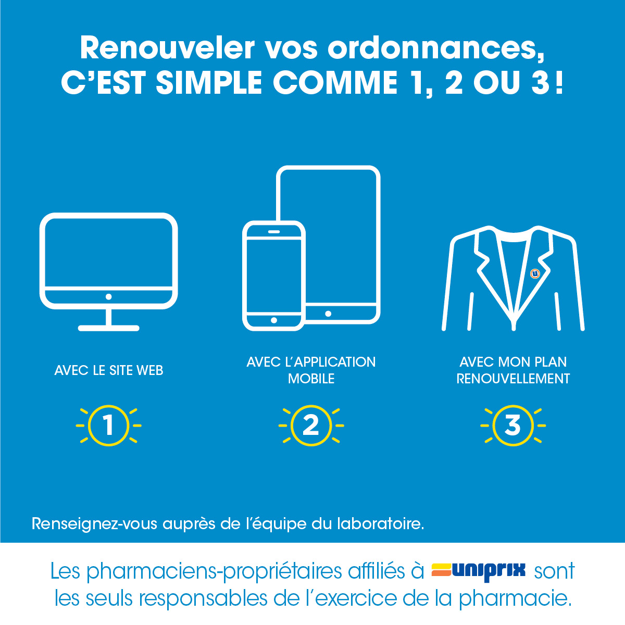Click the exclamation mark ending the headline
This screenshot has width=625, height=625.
tap(559, 83)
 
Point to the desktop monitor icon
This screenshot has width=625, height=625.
tap(109, 272)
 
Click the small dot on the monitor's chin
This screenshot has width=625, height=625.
tap(109, 296)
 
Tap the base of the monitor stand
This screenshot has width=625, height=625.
tap(109, 328)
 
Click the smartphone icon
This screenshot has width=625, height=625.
tap(274, 276)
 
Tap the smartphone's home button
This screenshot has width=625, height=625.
tap(274, 320)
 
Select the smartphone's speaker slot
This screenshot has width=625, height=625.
tap(274, 232)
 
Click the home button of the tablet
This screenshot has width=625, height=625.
tap(328, 314)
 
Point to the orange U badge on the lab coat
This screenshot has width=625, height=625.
tap(535, 273)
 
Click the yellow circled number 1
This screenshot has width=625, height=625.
tap(109, 425)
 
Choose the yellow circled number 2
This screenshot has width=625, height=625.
tap(311, 425)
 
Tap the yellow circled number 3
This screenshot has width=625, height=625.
tap(513, 425)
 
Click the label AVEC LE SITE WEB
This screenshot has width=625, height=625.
tap(109, 370)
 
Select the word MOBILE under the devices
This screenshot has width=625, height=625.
tap(311, 379)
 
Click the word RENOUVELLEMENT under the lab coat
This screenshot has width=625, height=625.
tap(513, 379)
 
